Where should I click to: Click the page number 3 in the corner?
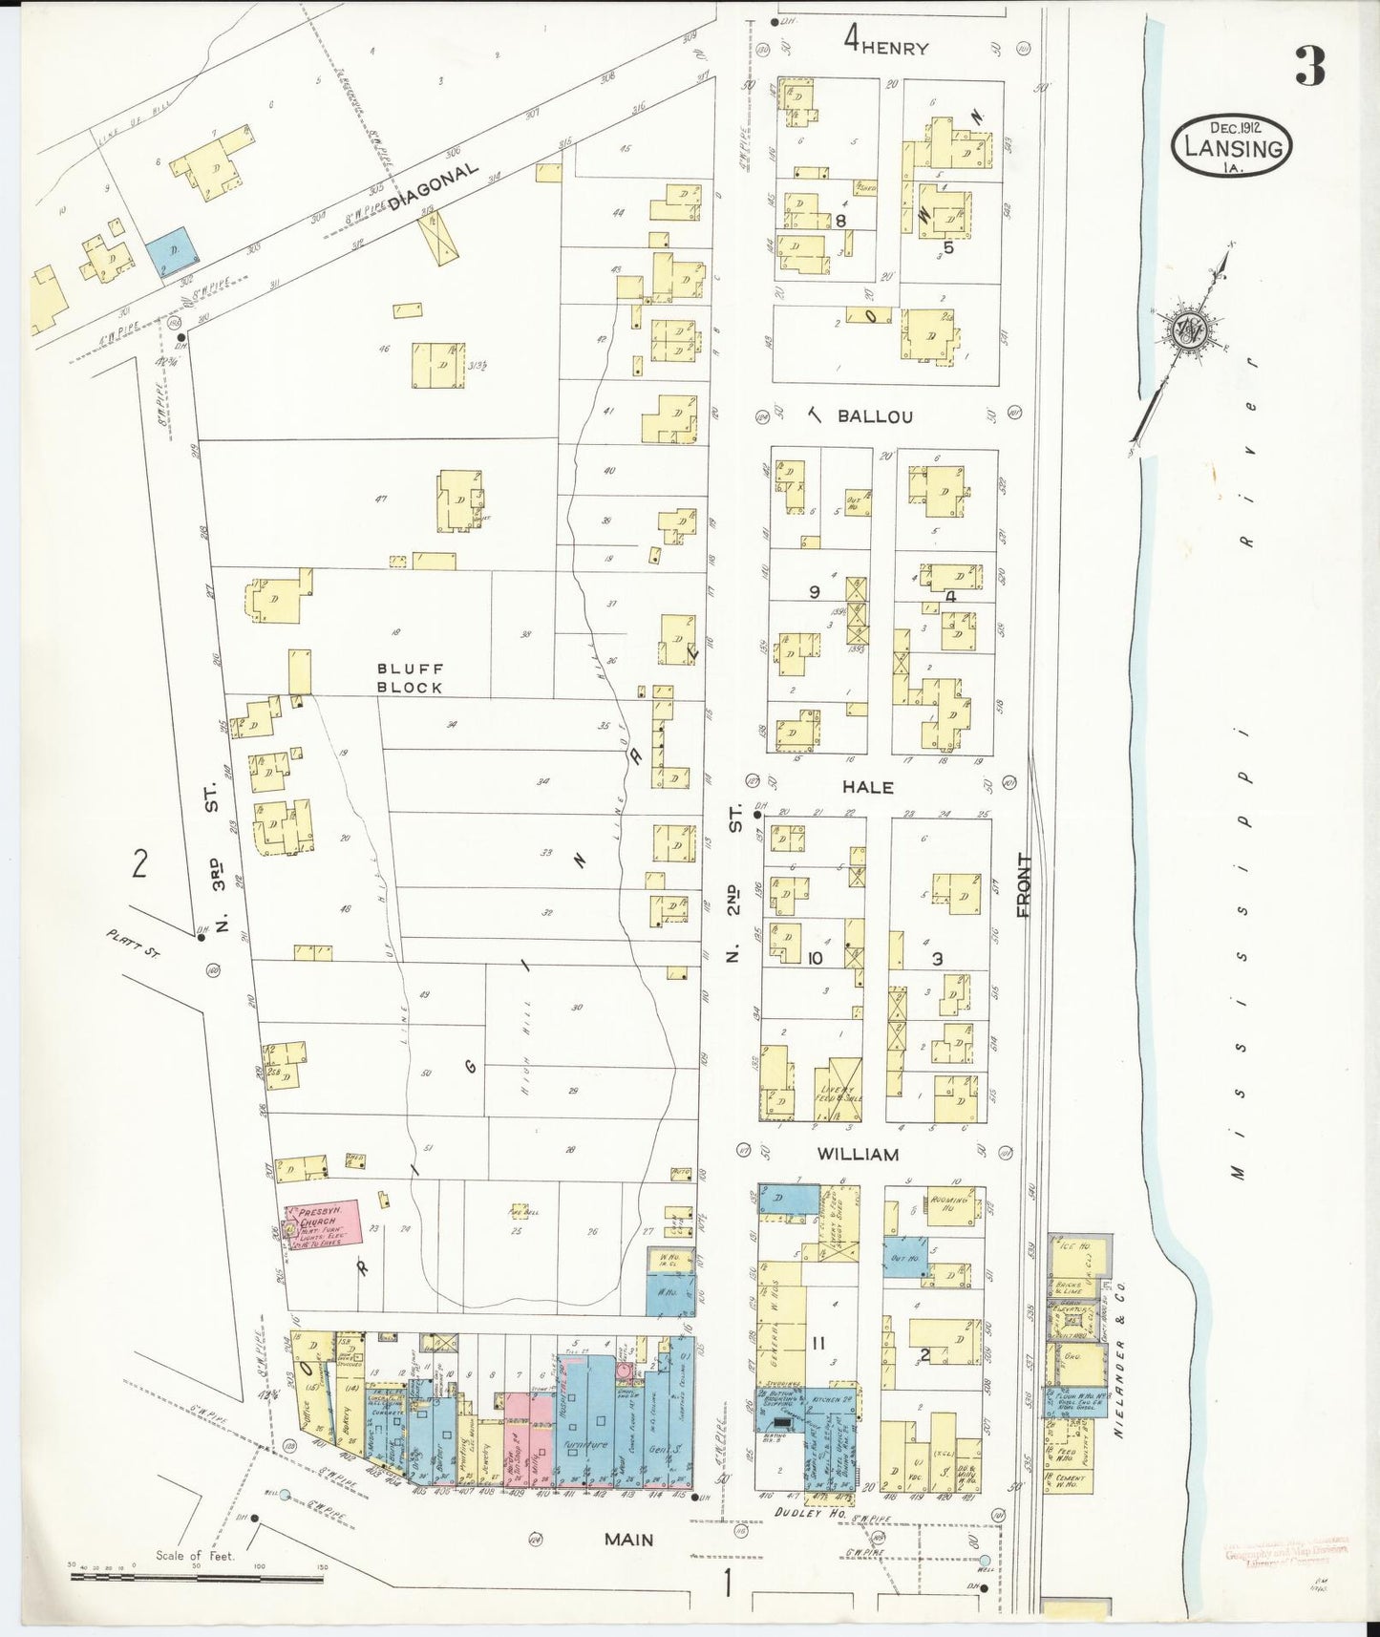1309,66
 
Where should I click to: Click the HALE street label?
867,787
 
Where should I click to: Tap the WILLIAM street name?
857,1154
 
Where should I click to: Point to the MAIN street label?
628,1540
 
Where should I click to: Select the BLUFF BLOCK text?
410,678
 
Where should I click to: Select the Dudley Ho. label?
798,1513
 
